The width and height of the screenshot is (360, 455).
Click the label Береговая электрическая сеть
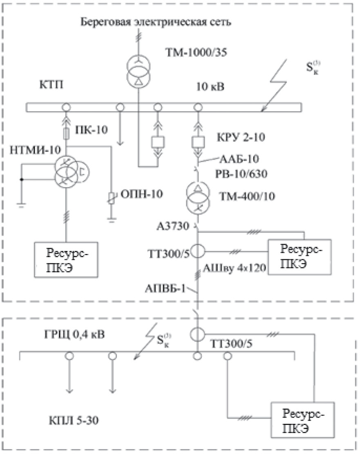coord(156,22)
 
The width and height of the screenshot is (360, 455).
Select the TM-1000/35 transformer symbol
coord(138,67)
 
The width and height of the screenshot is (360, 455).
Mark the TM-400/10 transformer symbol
coord(198,194)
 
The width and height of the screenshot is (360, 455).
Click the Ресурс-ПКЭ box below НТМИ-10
coord(67,260)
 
